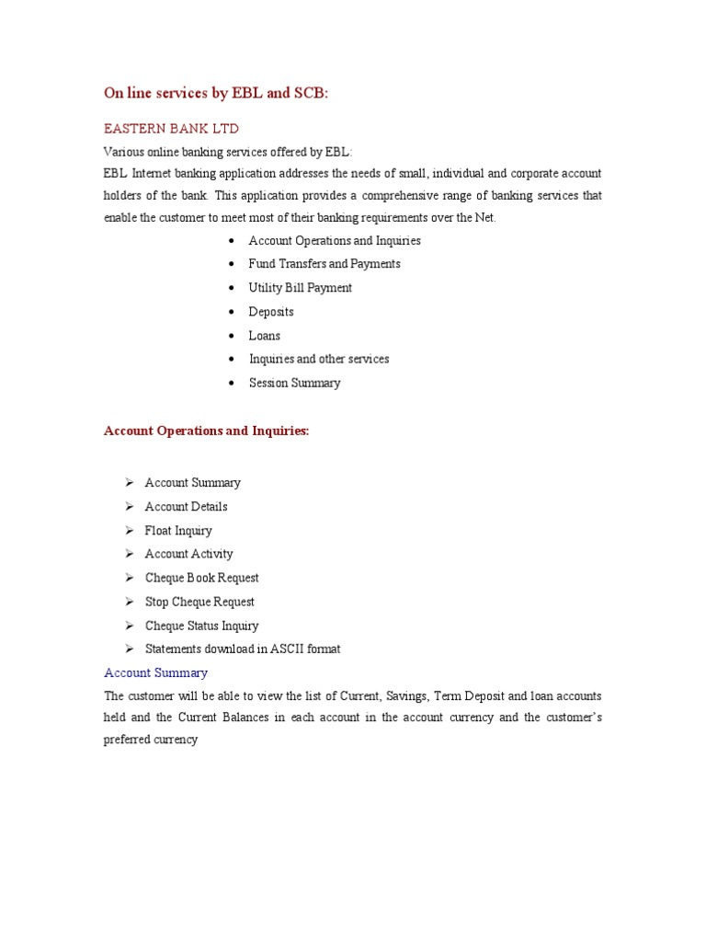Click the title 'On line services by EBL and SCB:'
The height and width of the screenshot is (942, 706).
tap(215, 93)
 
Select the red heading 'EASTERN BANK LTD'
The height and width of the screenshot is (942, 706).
tap(171, 129)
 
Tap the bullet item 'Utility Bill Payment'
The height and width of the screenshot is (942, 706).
tap(300, 288)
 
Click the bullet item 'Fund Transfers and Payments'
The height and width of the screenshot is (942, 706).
tap(325, 264)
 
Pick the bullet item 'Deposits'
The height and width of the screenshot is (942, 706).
tap(271, 312)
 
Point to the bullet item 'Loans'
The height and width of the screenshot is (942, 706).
tap(265, 336)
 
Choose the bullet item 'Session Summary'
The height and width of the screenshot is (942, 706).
tap(294, 383)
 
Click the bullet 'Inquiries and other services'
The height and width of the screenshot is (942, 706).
tap(319, 359)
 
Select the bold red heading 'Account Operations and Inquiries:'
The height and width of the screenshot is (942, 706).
tap(207, 431)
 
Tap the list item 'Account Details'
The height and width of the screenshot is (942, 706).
tap(186, 507)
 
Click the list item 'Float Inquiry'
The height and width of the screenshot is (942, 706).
tap(178, 531)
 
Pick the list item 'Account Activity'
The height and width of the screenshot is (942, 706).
tap(188, 554)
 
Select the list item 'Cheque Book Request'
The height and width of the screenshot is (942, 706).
tap(201, 578)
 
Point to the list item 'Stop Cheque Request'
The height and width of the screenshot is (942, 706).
tap(199, 602)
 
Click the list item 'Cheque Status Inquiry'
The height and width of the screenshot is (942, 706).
tap(201, 626)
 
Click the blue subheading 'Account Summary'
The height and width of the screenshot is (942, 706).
tap(156, 672)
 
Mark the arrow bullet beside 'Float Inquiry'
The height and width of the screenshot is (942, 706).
tap(129, 531)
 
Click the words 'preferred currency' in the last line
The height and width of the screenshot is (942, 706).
tap(151, 739)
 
